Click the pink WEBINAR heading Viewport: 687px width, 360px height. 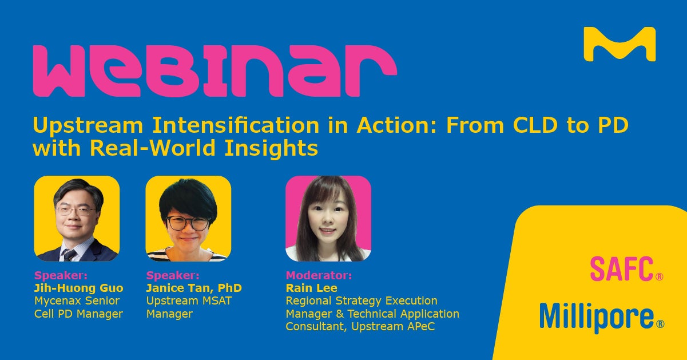(215, 71)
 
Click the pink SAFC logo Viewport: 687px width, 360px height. (626, 269)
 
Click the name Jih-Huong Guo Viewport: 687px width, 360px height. (79, 288)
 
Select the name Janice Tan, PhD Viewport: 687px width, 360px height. (194, 288)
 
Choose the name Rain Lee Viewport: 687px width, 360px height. (311, 288)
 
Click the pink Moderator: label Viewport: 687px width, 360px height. (319, 275)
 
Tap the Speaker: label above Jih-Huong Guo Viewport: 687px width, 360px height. (61, 275)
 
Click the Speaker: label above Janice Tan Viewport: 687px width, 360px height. (173, 275)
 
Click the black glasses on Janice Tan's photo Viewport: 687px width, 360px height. (188, 223)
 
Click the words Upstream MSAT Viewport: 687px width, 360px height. (189, 301)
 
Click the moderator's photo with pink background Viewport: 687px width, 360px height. (328, 219)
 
